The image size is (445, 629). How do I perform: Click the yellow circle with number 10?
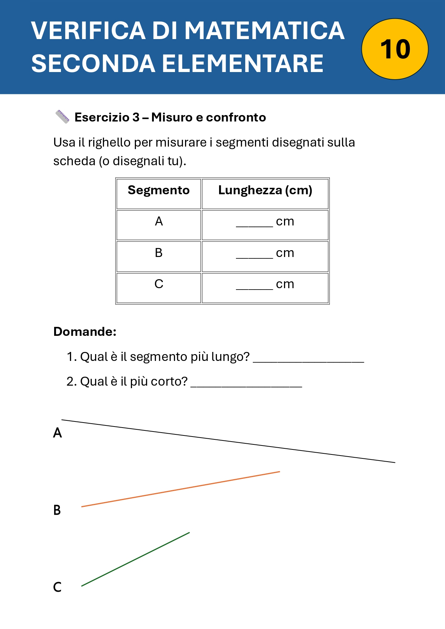(395, 49)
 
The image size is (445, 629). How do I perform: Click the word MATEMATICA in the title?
(264, 30)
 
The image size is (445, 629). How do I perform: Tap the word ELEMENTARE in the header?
(243, 64)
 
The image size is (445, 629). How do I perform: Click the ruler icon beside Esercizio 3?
(62, 117)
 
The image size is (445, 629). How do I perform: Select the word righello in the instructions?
(109, 143)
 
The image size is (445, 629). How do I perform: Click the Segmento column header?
(158, 190)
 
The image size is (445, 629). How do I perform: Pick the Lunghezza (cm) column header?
(265, 190)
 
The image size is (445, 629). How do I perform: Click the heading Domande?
(85, 332)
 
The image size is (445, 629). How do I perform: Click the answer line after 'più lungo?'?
(308, 359)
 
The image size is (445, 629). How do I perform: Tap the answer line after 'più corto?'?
(246, 384)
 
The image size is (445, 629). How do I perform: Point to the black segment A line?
(228, 441)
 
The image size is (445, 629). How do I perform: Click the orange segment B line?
(181, 489)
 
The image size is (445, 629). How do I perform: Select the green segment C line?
(136, 559)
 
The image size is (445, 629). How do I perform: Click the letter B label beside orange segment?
(57, 510)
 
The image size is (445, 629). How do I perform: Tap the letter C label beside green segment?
(57, 587)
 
